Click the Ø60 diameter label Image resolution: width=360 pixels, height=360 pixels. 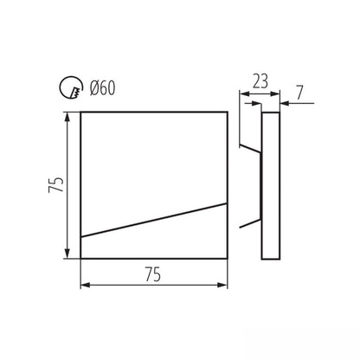(x=103, y=87)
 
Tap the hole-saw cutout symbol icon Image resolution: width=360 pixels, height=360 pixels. (x=71, y=87)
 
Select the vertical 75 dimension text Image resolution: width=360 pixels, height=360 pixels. (x=56, y=184)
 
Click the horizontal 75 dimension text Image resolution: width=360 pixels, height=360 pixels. (x=153, y=274)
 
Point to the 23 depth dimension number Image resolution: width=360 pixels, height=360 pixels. (x=260, y=81)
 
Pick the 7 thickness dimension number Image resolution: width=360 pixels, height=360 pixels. (x=300, y=93)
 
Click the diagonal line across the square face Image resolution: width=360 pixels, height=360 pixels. (x=154, y=220)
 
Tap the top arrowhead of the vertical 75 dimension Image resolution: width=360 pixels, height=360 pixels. (x=67, y=117)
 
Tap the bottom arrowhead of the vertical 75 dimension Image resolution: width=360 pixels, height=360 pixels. (x=67, y=254)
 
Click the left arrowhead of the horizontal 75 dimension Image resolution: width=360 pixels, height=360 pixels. (x=86, y=285)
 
